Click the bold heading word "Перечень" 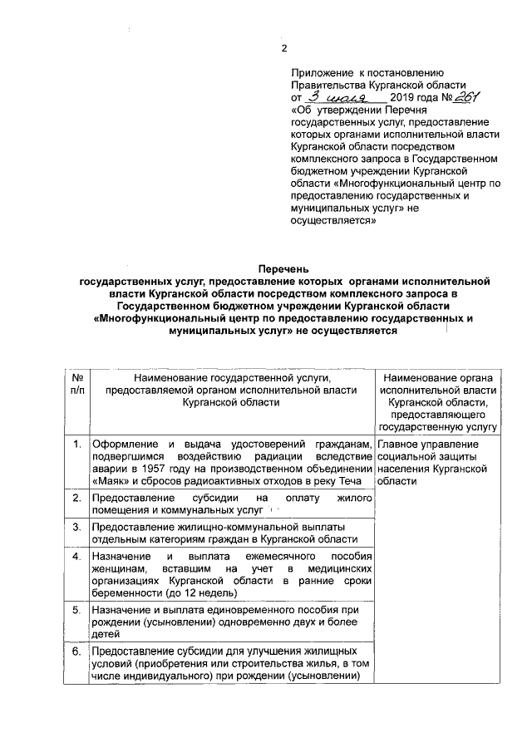pos(283,269)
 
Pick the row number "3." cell pos(76,527)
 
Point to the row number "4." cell pos(76,555)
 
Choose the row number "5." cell pos(76,609)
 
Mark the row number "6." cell pos(76,651)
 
